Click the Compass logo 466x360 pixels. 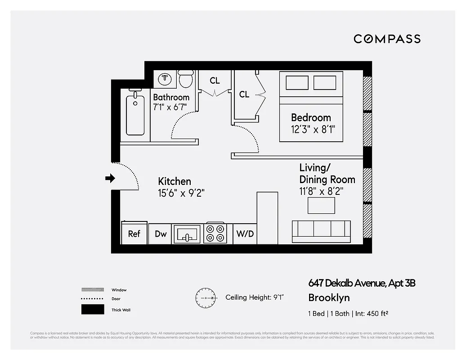tap(387, 39)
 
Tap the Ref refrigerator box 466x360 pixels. tap(134, 233)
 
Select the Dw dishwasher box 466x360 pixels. tap(161, 234)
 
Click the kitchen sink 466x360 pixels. tap(187, 234)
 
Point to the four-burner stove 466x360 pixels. tap(215, 233)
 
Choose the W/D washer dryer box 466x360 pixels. tap(245, 234)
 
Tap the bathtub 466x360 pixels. tap(135, 115)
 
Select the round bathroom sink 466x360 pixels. tap(166, 79)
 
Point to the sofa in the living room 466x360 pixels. tap(321, 232)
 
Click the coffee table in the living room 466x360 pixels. tap(321, 205)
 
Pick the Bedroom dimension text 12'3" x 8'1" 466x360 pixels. tap(313, 129)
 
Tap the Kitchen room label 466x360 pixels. tap(175, 181)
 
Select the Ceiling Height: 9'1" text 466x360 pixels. tap(255, 297)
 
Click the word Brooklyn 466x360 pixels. tap(329, 297)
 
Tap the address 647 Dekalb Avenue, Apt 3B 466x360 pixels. tap(362, 283)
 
